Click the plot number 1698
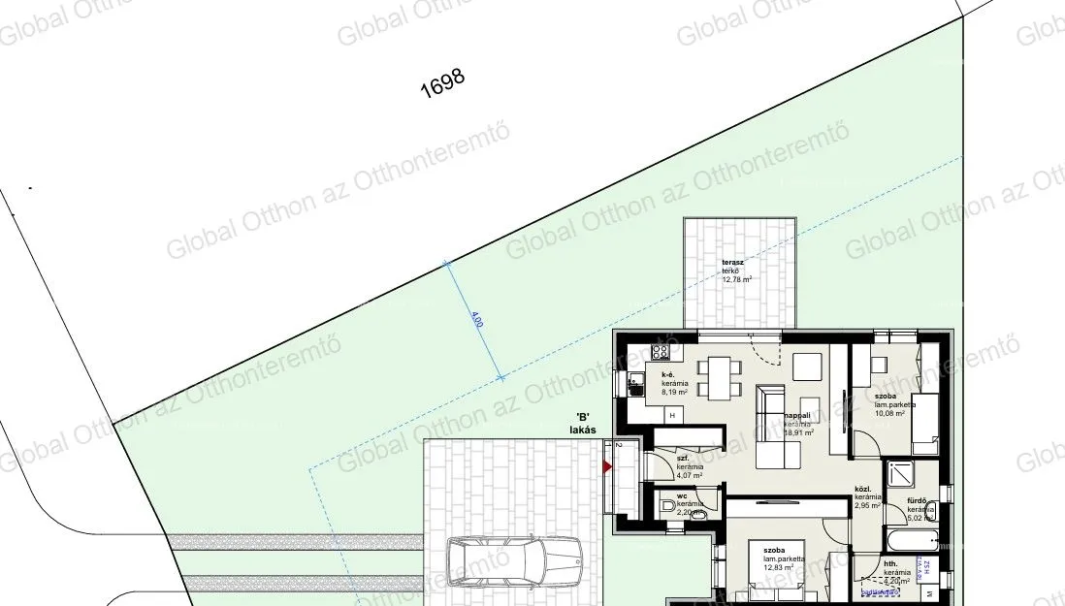coord(443,84)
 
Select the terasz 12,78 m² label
coord(736,271)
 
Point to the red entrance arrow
coord(608,467)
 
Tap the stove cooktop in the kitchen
coord(661,352)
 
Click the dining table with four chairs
coord(720,377)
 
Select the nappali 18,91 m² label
coord(797,424)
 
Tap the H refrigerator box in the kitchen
coord(670,414)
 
